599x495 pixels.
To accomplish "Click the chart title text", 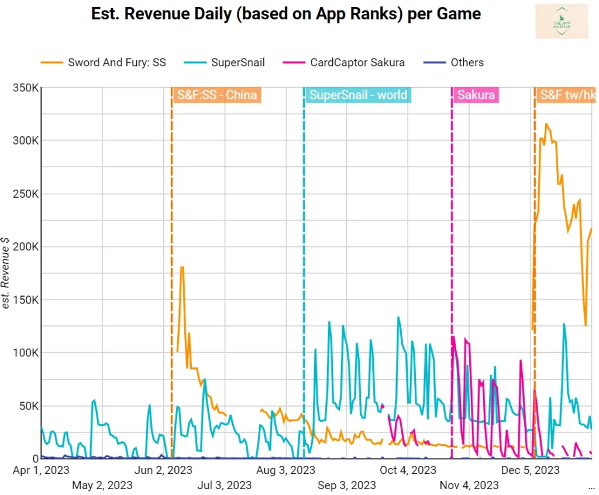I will pyautogui.click(x=286, y=14).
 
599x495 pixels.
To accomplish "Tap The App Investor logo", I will pyautogui.click(x=561, y=21).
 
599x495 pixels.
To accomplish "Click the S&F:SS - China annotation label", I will pyautogui.click(x=216, y=95).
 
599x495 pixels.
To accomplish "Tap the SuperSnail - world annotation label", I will pyautogui.click(x=358, y=95).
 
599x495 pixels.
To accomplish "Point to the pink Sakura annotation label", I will pyautogui.click(x=476, y=95).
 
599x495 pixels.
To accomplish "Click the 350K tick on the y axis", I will pyautogui.click(x=26, y=88).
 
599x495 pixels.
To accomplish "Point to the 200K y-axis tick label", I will pyautogui.click(x=26, y=247).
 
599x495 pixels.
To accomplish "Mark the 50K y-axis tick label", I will pyautogui.click(x=28, y=406).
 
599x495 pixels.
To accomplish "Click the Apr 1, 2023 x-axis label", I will pyautogui.click(x=41, y=470).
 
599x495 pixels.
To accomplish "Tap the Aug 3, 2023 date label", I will pyautogui.click(x=287, y=470).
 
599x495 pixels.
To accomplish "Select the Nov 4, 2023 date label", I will pyautogui.click(x=469, y=485).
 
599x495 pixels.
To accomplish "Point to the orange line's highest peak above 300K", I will pyautogui.click(x=546, y=124).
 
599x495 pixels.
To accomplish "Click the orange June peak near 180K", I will pyautogui.click(x=182, y=267).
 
